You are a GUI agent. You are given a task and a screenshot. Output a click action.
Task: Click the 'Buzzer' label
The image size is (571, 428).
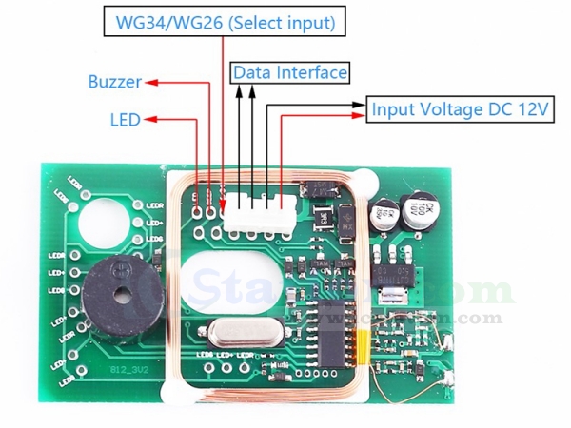coord(114,82)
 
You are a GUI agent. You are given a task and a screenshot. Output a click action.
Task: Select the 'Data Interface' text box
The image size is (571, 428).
coord(290,72)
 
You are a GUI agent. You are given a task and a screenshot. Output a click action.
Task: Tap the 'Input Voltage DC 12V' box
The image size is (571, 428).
coord(460,109)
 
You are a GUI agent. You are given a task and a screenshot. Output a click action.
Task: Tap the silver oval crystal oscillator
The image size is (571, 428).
coord(236,333)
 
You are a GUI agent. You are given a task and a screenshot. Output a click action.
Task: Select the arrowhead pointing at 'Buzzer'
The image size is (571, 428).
coord(149,83)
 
